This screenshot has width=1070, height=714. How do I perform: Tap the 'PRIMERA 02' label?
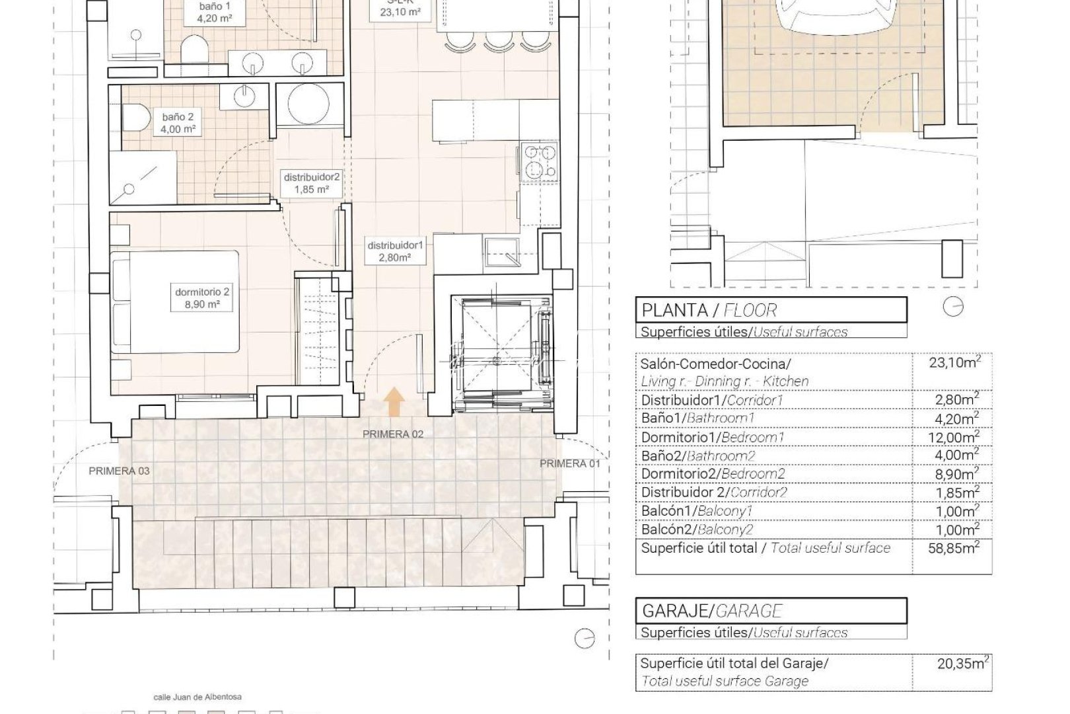[392, 434]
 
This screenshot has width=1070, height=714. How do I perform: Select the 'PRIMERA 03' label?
[120, 471]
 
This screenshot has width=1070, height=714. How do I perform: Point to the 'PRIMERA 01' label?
[570, 463]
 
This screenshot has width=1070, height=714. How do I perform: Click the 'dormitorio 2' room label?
[203, 298]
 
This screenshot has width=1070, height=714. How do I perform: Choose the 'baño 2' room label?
[178, 123]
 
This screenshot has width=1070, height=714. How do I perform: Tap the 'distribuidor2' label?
[312, 183]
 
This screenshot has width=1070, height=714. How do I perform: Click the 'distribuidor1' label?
[396, 251]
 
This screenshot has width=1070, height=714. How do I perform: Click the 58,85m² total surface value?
[958, 547]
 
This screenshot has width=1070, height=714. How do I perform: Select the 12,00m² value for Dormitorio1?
[958, 437]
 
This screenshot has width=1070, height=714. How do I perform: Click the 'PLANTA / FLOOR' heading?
[709, 309]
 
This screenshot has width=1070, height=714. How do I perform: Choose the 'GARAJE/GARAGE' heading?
[712, 610]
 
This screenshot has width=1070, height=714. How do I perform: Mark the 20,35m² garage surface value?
[962, 663]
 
